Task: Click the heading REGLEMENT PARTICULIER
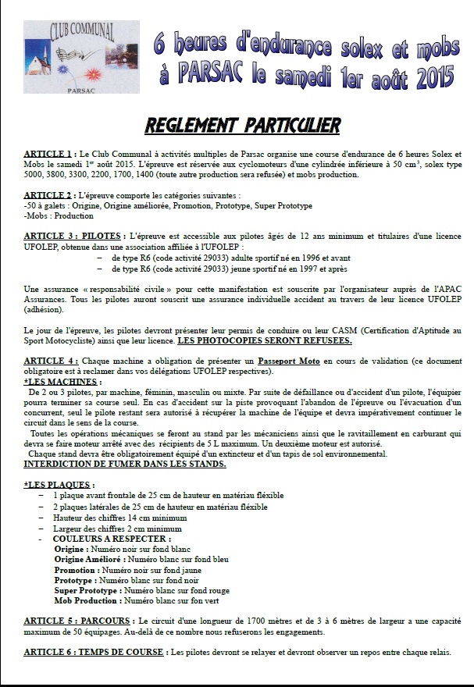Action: coord(242,125)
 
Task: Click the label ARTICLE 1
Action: coord(50,154)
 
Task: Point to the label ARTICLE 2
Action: coord(50,194)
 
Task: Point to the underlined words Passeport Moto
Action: coord(290,361)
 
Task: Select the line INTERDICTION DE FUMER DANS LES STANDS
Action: coord(125,464)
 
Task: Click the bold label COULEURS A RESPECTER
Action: coord(112,539)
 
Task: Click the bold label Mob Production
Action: coord(87,601)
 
